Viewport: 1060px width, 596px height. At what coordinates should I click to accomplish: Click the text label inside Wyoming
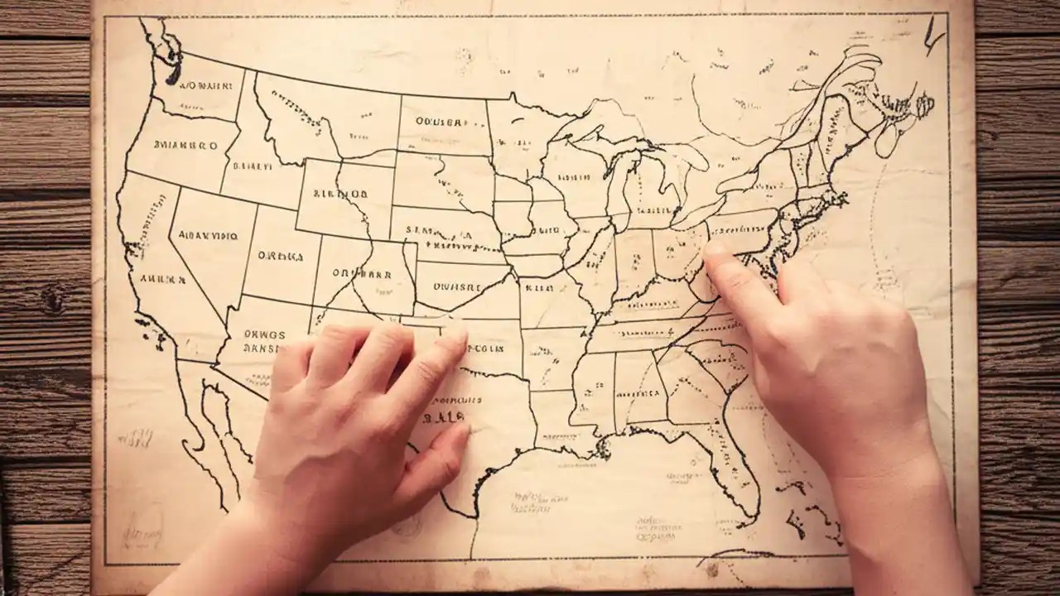point(340,195)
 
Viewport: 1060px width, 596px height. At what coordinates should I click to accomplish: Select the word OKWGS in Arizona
point(263,335)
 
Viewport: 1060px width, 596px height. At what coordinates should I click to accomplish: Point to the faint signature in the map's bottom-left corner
point(141,525)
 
